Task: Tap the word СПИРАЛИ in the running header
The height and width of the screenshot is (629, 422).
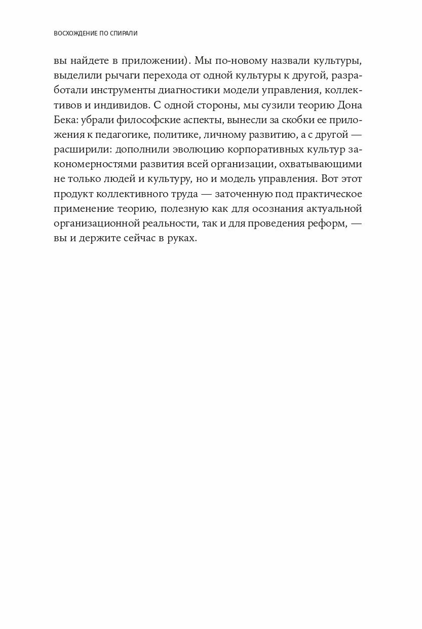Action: coord(123,34)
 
